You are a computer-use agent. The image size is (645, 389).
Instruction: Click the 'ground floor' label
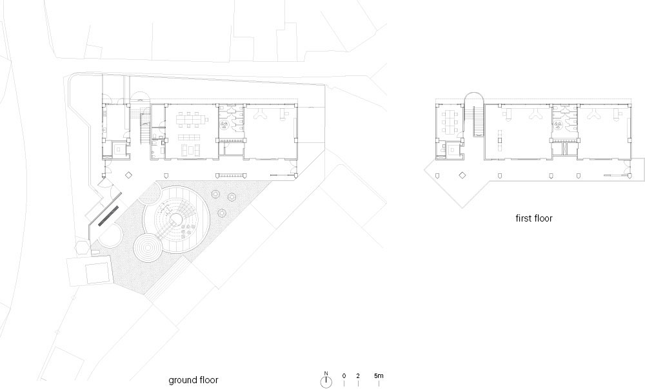(193, 381)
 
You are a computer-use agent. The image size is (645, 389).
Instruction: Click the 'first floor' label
(533, 218)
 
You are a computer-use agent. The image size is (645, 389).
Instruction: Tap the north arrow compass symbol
(326, 382)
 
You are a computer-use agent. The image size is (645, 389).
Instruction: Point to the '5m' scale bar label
(379, 375)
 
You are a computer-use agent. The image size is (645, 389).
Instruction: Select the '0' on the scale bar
(344, 375)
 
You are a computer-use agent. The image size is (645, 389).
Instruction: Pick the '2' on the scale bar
(358, 375)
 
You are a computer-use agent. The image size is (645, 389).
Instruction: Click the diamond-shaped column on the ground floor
(129, 175)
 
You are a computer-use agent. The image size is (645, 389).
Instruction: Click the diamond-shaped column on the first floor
(462, 175)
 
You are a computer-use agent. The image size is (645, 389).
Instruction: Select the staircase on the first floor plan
(477, 121)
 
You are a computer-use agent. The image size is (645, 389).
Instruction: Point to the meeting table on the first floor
(451, 122)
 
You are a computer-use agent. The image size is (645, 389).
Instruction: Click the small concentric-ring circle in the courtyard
(147, 247)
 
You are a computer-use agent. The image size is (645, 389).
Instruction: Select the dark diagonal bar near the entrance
(108, 215)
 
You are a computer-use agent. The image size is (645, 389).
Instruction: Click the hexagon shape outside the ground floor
(81, 247)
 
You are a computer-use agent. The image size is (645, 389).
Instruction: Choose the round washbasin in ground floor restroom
(224, 123)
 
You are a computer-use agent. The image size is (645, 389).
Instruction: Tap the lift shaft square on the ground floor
(119, 149)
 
